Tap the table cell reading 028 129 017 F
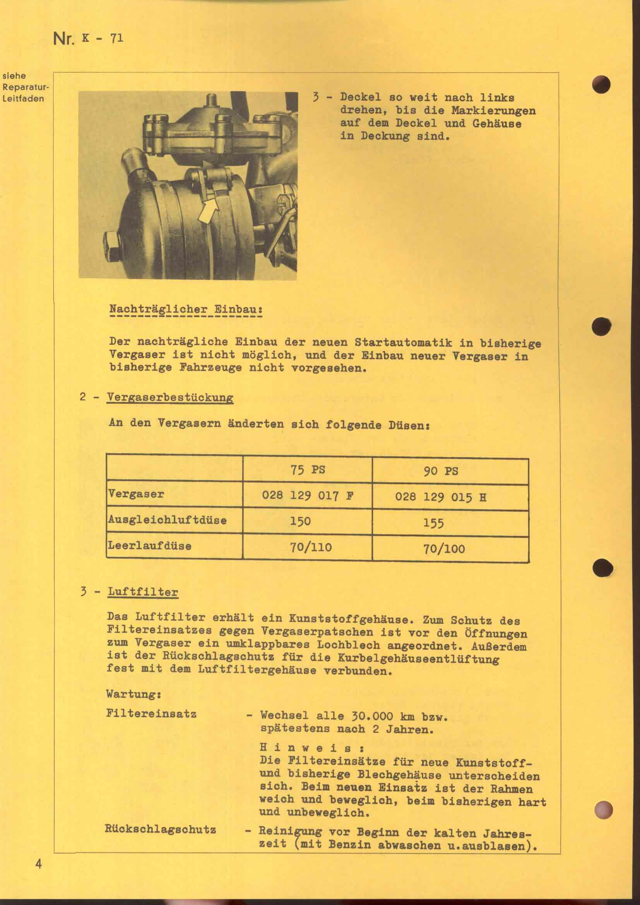(x=307, y=495)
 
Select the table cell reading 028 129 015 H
(x=440, y=497)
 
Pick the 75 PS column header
(x=308, y=470)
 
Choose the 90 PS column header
(x=441, y=471)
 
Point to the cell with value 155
(x=433, y=523)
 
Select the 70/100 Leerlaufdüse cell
(x=444, y=549)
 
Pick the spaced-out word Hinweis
(x=311, y=748)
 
